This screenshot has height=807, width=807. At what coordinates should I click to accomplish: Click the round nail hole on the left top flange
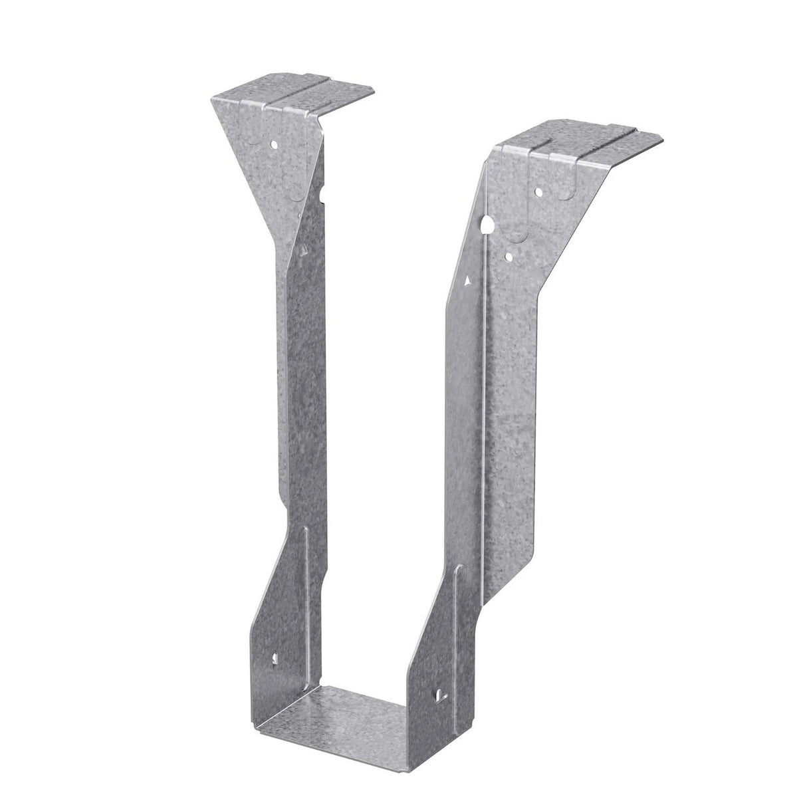click(x=274, y=142)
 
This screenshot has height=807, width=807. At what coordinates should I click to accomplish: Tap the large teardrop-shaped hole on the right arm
click(x=489, y=225)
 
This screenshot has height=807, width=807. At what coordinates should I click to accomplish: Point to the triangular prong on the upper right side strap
click(x=469, y=282)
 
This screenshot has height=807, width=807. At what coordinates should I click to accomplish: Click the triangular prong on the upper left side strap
click(x=303, y=250)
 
